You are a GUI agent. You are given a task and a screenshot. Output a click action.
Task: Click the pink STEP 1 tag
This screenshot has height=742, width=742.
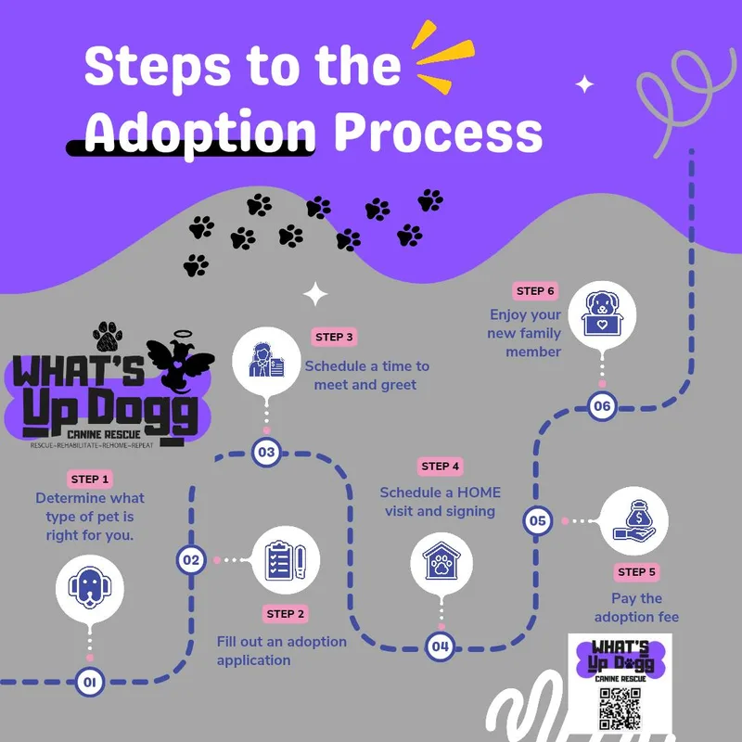tap(90, 480)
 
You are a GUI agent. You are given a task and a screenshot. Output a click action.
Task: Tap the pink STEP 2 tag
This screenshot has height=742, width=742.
tap(285, 614)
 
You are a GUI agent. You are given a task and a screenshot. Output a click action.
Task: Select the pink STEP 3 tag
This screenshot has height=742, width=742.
tap(335, 337)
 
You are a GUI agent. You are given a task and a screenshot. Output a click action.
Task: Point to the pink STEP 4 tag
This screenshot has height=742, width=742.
tap(441, 467)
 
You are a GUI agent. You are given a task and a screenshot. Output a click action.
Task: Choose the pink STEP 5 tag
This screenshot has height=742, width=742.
tap(636, 572)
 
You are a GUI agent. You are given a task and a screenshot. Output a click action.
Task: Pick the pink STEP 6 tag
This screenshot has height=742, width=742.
tap(535, 291)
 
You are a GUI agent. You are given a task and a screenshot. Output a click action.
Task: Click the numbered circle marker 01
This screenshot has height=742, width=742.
tap(90, 683)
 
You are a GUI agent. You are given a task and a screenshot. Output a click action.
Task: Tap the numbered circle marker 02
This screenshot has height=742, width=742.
tap(191, 559)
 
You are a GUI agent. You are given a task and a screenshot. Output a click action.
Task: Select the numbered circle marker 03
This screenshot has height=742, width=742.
tap(267, 453)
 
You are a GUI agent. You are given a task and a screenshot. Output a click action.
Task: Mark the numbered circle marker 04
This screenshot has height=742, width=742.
tap(440, 646)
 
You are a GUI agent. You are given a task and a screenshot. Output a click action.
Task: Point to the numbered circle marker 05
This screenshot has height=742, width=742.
tap(538, 521)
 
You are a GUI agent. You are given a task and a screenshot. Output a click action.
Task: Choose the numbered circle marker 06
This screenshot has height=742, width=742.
tap(602, 405)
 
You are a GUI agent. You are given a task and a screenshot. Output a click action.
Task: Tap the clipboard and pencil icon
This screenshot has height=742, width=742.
tap(286, 560)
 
